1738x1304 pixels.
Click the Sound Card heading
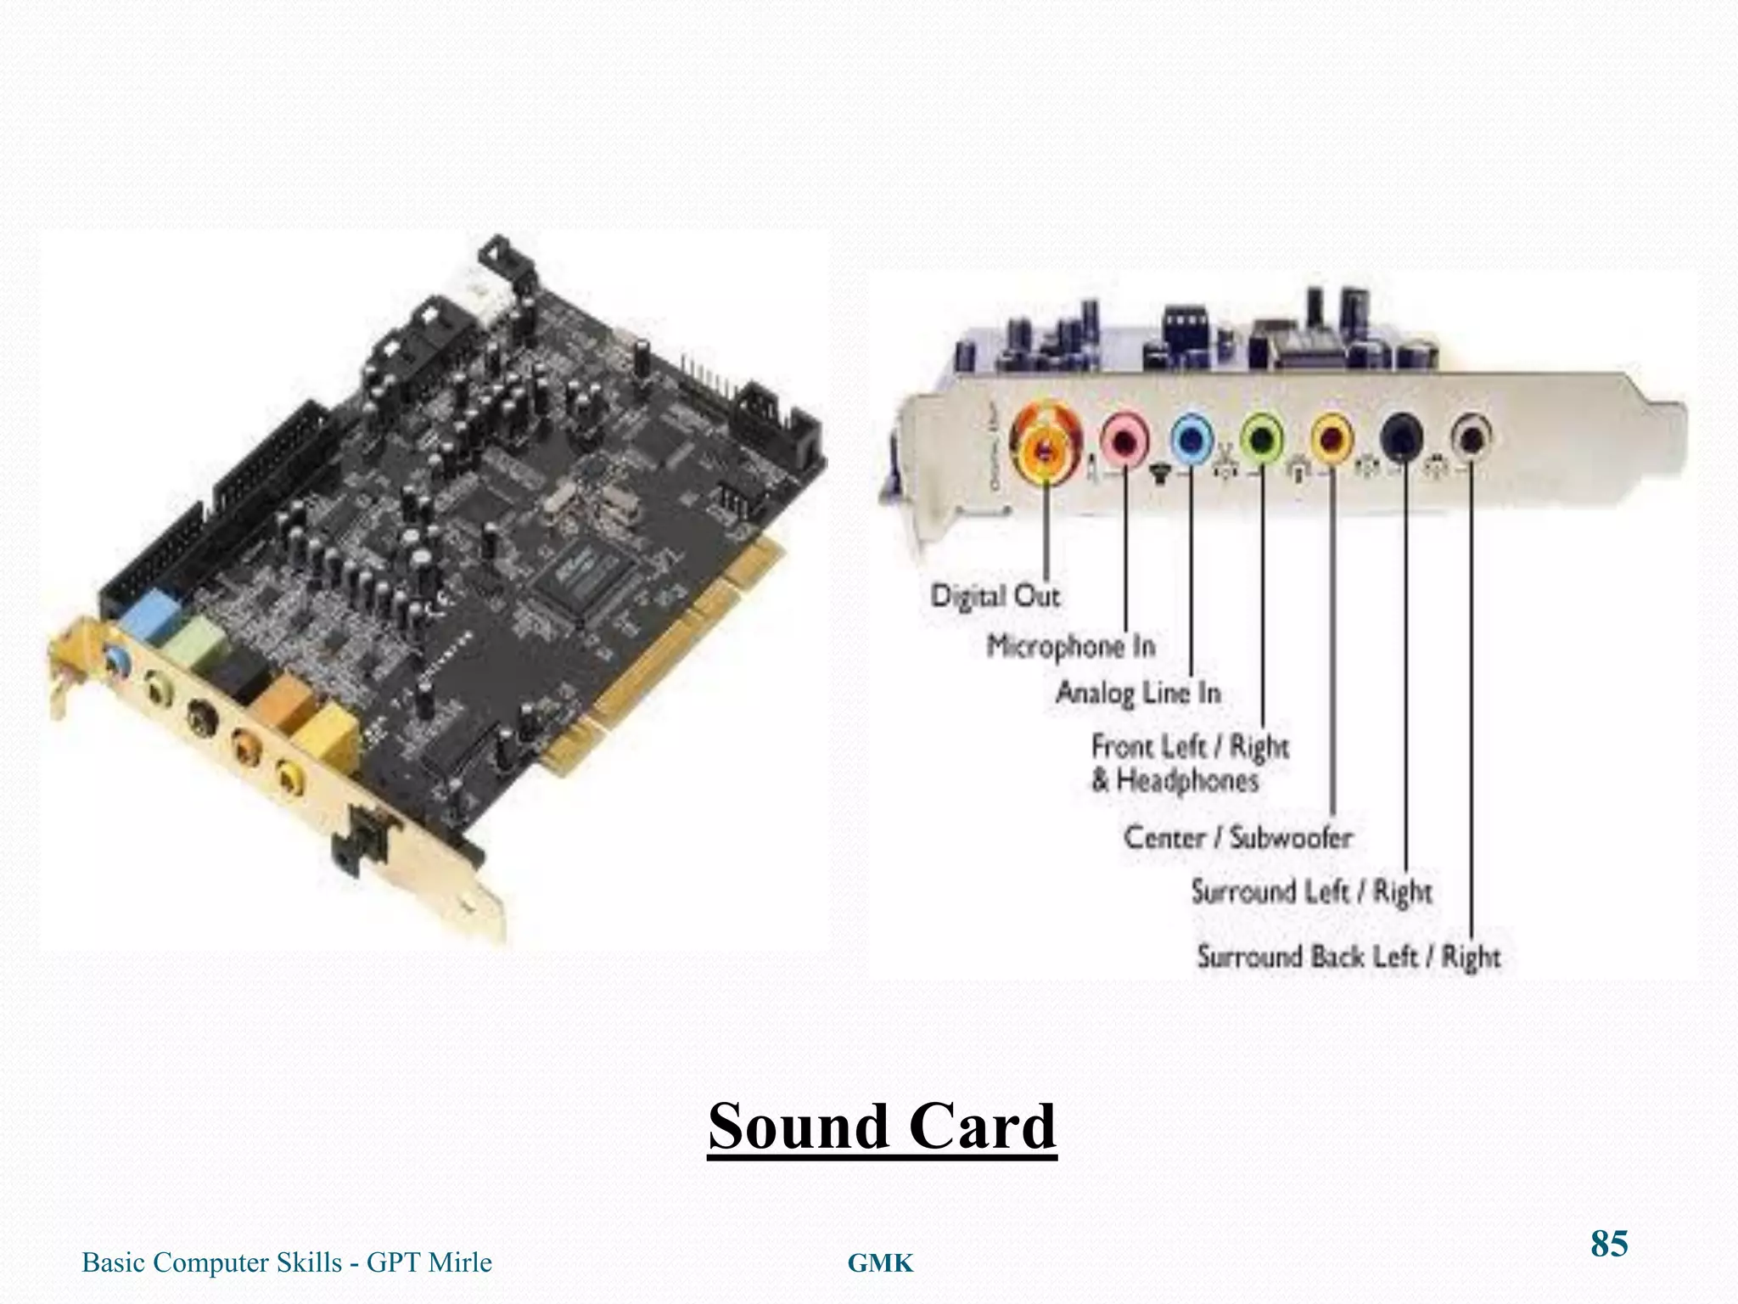883,1127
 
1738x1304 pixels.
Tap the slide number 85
1609,1244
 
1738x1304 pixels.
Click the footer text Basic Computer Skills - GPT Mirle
287,1262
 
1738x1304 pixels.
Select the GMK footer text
881,1264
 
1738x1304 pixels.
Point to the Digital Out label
995,596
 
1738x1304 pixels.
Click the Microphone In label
1071,647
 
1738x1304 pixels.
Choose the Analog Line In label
1138,693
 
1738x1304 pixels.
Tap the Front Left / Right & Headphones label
1189,763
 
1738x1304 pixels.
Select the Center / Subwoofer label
1237,838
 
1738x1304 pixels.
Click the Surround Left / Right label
1311,892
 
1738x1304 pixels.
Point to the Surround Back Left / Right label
1348,957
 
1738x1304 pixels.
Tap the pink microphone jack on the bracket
1125,439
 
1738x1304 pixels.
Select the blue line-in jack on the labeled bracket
1192,439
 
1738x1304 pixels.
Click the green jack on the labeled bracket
1262,439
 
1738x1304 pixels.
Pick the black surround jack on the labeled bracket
1401,437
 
